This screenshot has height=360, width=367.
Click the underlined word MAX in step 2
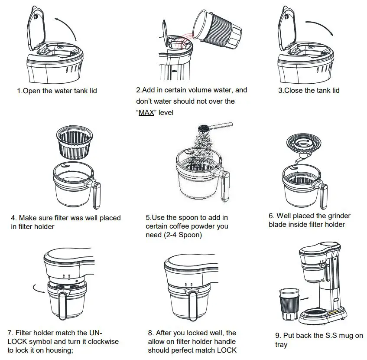coord(146,112)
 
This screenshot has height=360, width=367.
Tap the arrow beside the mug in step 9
coord(306,299)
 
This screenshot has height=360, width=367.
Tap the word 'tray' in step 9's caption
coord(281,345)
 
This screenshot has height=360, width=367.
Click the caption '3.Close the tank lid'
coord(309,90)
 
